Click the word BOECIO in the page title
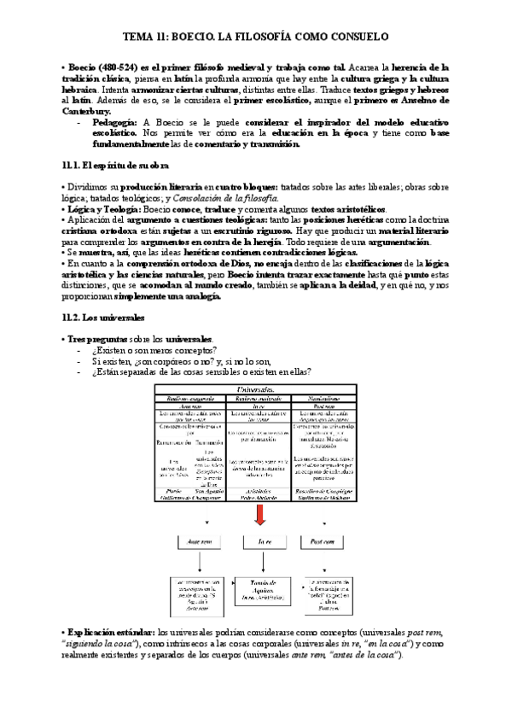coord(200,37)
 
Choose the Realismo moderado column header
coord(258,398)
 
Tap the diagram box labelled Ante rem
coord(198,541)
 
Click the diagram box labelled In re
coord(258,541)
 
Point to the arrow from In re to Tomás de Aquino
coord(258,562)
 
